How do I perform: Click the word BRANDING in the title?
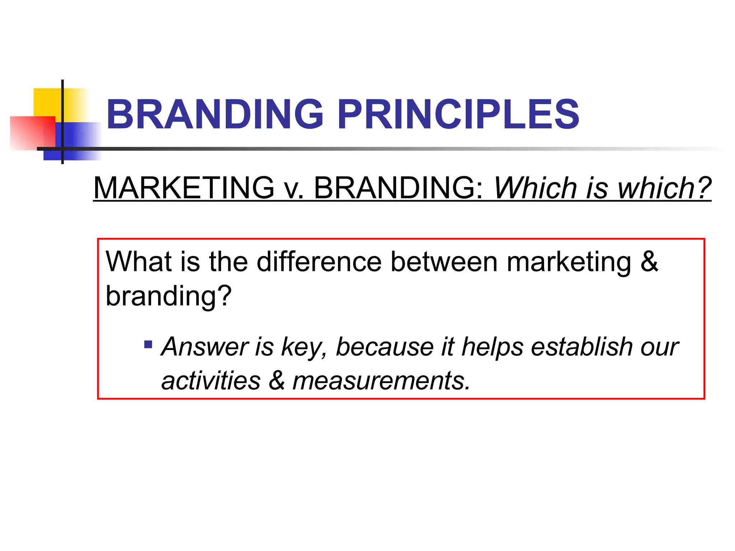(x=215, y=114)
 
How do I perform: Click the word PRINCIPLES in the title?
(x=458, y=114)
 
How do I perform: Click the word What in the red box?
(x=139, y=262)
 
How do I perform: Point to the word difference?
(x=319, y=262)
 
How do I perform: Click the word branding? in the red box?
(x=169, y=296)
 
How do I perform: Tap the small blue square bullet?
(x=148, y=345)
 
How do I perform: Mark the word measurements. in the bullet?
(x=381, y=381)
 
